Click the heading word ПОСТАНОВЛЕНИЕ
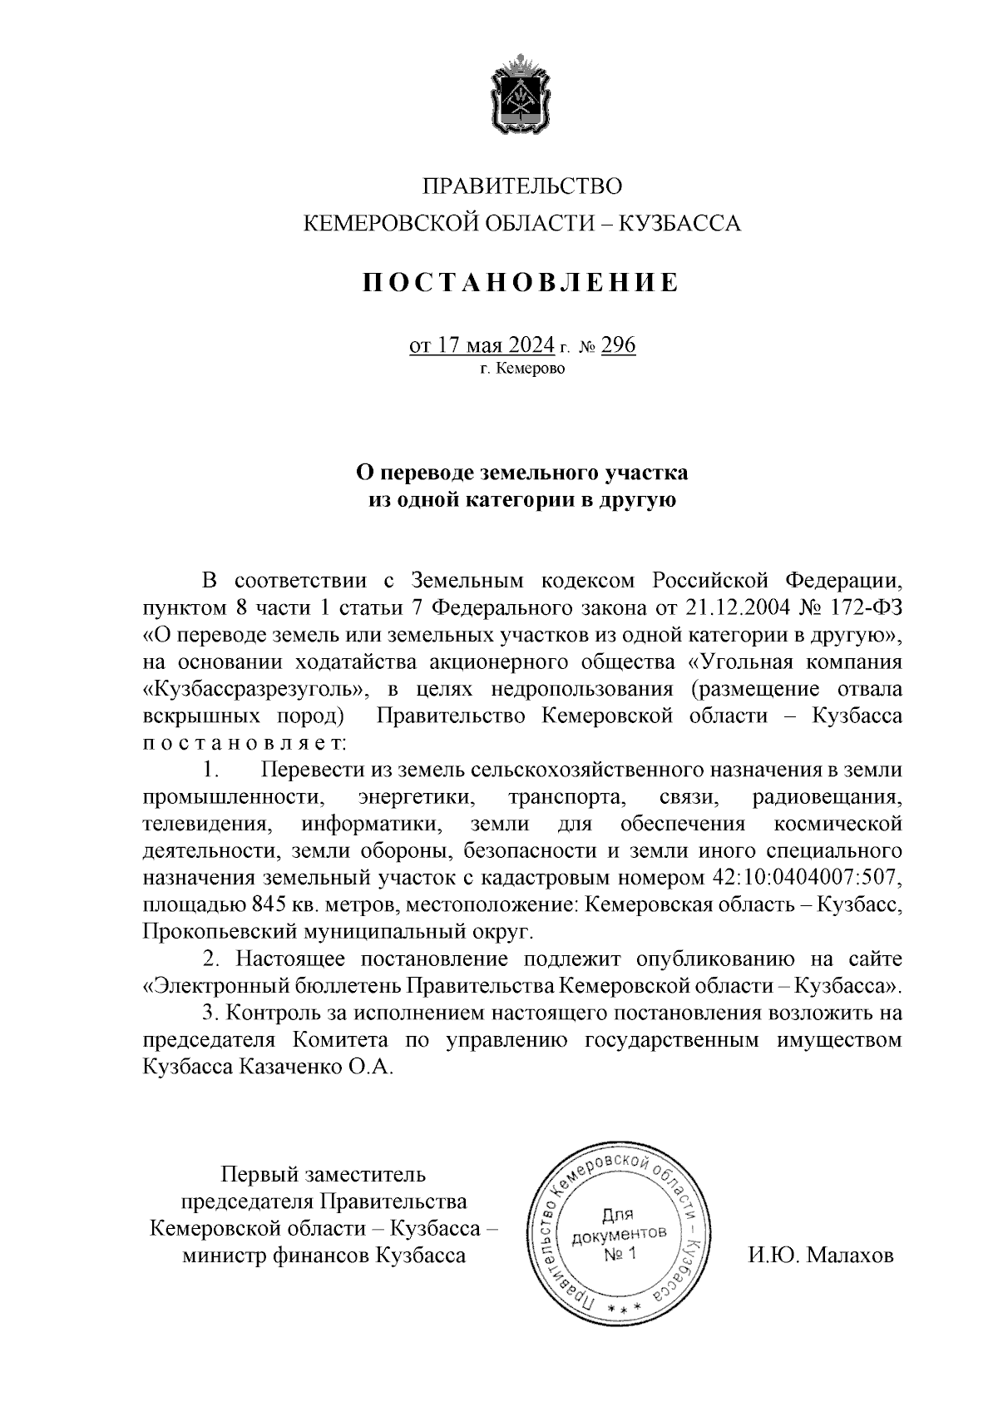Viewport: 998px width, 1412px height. (x=521, y=283)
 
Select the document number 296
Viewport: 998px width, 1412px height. (x=618, y=344)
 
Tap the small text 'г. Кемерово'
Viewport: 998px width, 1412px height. (x=521, y=369)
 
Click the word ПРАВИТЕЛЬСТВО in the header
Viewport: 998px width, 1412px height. (x=521, y=186)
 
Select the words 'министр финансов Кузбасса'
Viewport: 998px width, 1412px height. (x=324, y=1255)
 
